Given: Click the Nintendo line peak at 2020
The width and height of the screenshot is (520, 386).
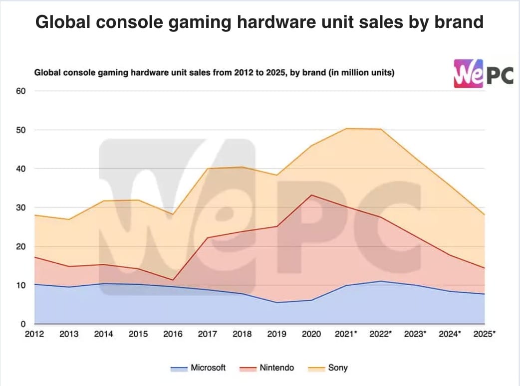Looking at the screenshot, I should (311, 195).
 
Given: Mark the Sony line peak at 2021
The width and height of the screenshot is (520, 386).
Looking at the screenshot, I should (346, 129).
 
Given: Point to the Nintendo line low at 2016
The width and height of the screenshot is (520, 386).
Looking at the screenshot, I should (173, 280).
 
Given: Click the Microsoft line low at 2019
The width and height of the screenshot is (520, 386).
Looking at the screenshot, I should (277, 303).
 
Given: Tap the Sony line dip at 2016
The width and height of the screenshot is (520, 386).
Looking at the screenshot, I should (173, 214).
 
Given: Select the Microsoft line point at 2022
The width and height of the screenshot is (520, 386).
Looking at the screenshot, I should (381, 281).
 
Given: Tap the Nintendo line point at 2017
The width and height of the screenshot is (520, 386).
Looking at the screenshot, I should (208, 238).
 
